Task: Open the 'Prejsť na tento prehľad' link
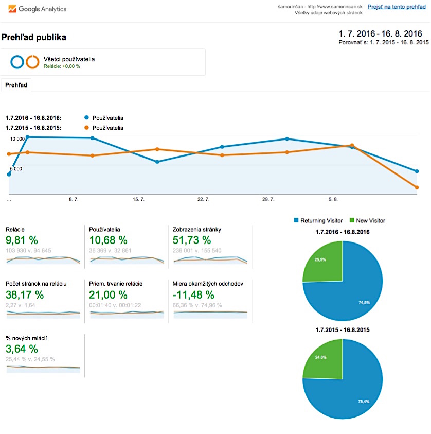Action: [397, 7]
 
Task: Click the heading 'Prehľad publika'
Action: [34, 38]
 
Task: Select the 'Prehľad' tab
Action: [16, 85]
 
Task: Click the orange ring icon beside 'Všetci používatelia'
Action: [33, 62]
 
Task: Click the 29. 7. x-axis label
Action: [268, 199]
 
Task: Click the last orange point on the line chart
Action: [417, 187]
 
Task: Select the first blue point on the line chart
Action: [9, 175]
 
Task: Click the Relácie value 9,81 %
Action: [22, 240]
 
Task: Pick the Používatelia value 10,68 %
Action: [108, 240]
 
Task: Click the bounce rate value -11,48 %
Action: [195, 295]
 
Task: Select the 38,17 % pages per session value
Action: [25, 295]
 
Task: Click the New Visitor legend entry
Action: [367, 220]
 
